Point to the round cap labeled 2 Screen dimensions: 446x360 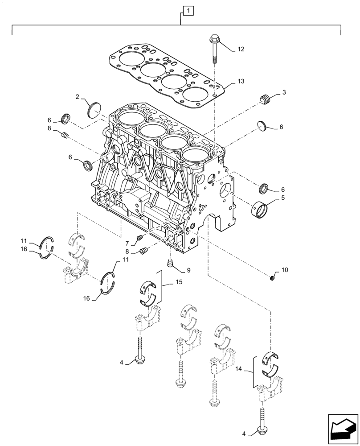click(x=95, y=109)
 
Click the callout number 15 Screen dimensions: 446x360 click(x=180, y=282)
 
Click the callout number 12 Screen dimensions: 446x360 click(x=241, y=50)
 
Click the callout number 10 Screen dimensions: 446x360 click(x=285, y=270)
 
